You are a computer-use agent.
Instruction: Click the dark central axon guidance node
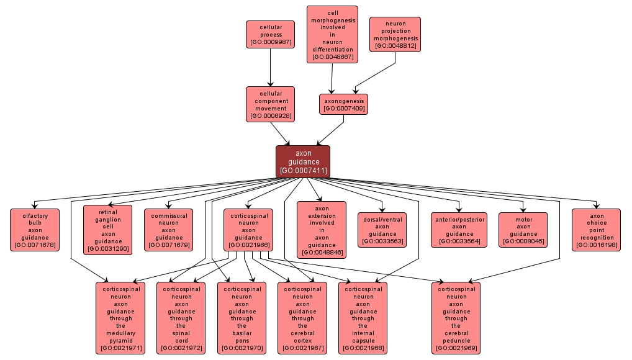click(x=302, y=161)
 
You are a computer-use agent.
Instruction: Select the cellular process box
click(x=270, y=35)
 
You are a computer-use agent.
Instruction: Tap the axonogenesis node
click(x=343, y=104)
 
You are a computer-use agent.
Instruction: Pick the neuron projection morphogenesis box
click(x=395, y=35)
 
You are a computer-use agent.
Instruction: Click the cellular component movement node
click(x=270, y=104)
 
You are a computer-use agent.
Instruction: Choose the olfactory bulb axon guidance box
click(x=35, y=230)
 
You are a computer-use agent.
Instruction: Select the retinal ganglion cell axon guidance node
click(x=108, y=230)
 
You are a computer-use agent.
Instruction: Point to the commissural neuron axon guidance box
click(x=169, y=230)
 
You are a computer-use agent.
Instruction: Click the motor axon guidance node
click(x=523, y=230)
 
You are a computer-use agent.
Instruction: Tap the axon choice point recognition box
click(x=596, y=230)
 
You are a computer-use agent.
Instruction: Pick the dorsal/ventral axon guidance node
click(x=382, y=230)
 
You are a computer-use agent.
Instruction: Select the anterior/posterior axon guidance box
click(x=459, y=230)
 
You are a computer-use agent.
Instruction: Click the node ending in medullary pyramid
click(x=120, y=318)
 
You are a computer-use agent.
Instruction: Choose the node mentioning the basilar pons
click(x=242, y=318)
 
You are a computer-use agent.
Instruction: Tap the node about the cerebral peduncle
click(x=456, y=318)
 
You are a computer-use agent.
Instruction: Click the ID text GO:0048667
click(x=333, y=57)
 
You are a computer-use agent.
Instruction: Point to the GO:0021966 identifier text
click(x=248, y=245)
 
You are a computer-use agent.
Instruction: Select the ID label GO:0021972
click(x=181, y=348)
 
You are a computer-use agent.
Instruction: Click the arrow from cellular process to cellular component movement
click(x=270, y=67)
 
